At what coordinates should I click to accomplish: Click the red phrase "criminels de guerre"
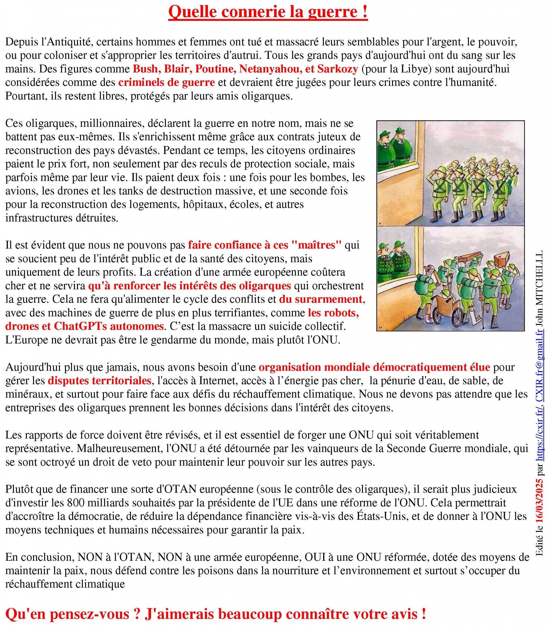[x=166, y=83]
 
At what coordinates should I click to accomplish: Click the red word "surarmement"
[x=320, y=299]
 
